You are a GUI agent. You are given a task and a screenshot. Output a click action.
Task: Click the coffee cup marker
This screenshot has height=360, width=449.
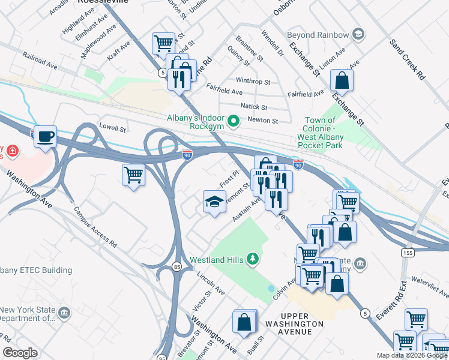45,137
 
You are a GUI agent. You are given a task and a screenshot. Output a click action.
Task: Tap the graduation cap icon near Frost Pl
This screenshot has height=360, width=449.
214,202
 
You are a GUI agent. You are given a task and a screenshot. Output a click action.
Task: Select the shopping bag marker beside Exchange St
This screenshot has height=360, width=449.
341,79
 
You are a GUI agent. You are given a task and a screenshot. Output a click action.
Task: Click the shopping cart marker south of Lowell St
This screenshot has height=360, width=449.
133,175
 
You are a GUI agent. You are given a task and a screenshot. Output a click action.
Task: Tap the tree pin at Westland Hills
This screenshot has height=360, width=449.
253,259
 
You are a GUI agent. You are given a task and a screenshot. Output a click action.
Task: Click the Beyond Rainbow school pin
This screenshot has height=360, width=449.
358,34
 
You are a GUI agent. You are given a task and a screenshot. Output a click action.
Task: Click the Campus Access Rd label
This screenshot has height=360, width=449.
95,228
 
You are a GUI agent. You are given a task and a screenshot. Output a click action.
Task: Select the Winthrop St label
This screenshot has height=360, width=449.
253,80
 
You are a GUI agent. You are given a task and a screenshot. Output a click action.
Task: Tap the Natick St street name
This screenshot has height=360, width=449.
253,106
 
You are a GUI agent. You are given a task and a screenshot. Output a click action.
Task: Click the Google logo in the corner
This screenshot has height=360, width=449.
20,353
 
